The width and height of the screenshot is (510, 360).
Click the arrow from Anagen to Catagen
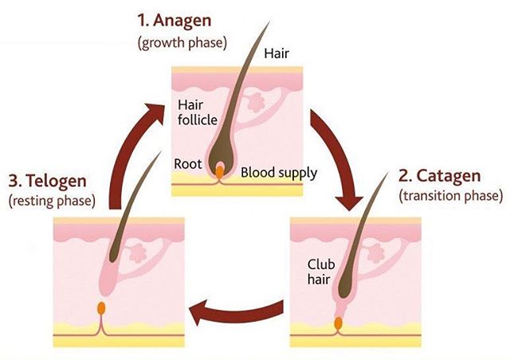tap(334, 155)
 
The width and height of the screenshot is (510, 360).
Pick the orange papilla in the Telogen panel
tap(101, 306)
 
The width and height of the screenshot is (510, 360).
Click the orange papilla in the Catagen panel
tap(338, 323)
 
